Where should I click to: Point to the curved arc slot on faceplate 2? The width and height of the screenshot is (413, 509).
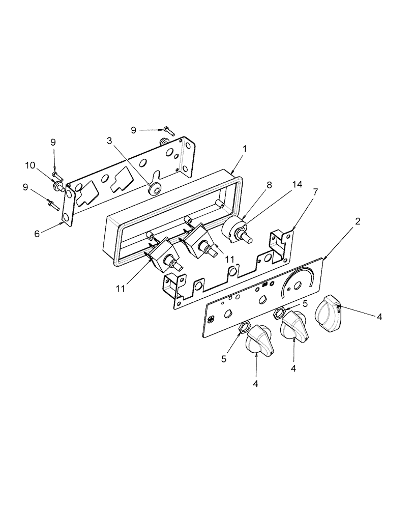pos(293,282)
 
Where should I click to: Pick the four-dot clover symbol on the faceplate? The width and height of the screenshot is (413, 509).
pos(211,319)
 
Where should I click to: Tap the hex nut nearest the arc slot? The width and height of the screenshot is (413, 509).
pos(279,313)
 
